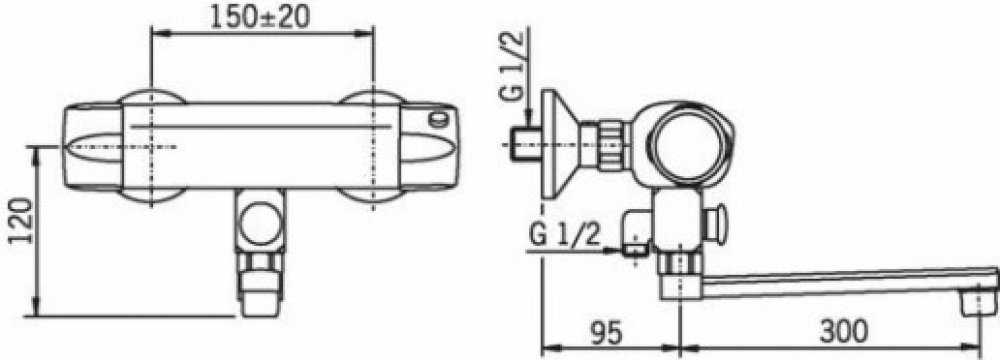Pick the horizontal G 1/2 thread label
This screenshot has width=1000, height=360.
(565, 235)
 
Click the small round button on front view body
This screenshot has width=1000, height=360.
(438, 119)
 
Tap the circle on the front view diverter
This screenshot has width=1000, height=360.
(260, 223)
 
